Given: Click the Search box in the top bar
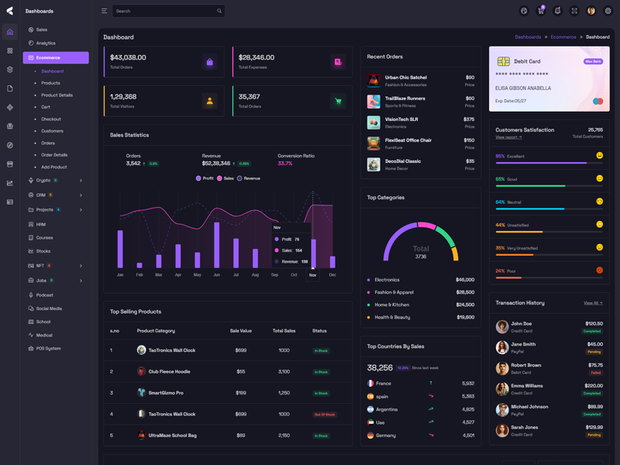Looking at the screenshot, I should pyautogui.click(x=167, y=11).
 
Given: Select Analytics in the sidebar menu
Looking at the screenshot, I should pyautogui.click(x=46, y=43).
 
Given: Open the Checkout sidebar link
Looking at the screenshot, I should pyautogui.click(x=51, y=119).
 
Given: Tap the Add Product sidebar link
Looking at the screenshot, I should pyautogui.click(x=54, y=167).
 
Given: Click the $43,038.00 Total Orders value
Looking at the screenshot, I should pyautogui.click(x=128, y=57).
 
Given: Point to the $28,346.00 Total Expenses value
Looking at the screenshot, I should pyautogui.click(x=257, y=57).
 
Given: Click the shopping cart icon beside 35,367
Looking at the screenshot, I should pyautogui.click(x=338, y=101).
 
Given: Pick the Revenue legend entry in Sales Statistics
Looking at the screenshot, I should pyautogui.click(x=249, y=178).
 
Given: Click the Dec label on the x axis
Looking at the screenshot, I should pyautogui.click(x=332, y=275).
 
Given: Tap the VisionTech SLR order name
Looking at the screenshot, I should pyautogui.click(x=401, y=119).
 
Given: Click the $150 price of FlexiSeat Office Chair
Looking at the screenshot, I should pyautogui.click(x=469, y=140).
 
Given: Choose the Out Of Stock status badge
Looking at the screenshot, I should pyautogui.click(x=324, y=415).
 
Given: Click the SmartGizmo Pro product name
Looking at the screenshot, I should pyautogui.click(x=166, y=393).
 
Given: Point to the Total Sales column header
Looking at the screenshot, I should pyautogui.click(x=284, y=331).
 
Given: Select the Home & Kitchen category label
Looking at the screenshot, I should pyautogui.click(x=392, y=305).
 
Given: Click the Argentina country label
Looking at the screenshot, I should pyautogui.click(x=387, y=409).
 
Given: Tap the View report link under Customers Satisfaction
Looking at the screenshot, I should pyautogui.click(x=508, y=137).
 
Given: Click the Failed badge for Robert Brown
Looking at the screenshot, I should pyautogui.click(x=594, y=373).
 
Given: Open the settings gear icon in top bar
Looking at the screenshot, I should pyautogui.click(x=608, y=11).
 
